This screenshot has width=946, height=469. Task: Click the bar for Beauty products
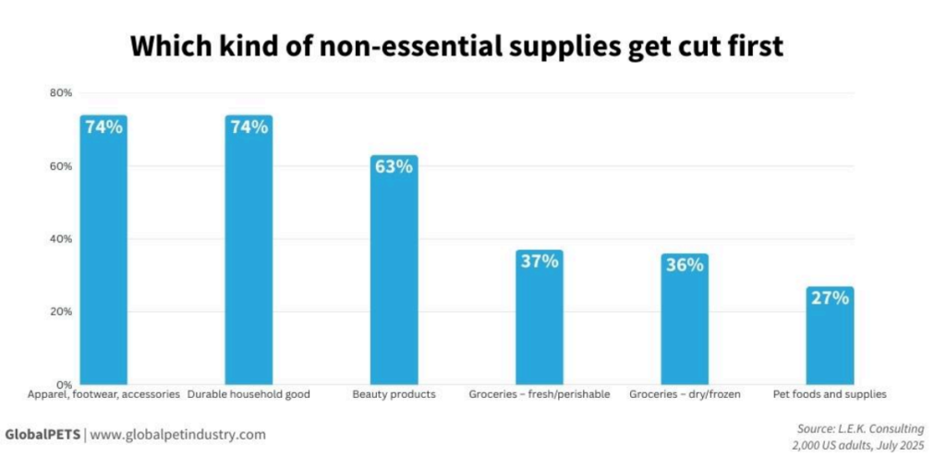pos(394,277)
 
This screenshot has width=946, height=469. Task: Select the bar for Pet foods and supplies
pos(830,342)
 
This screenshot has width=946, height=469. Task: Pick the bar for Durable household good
pos(249,259)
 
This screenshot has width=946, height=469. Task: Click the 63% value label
pos(394,167)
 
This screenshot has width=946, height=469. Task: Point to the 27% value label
pos(830,298)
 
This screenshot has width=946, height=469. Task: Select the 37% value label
pos(540,261)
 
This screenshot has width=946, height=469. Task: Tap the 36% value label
pos(685,265)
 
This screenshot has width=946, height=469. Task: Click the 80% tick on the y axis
pos(61,93)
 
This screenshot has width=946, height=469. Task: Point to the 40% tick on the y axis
pos(61,239)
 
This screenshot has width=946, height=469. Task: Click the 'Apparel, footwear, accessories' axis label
pos(103,395)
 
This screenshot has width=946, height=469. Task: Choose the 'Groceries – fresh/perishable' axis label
pos(540,395)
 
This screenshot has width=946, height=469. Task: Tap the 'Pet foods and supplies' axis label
pos(830,395)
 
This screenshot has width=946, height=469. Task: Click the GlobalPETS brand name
pos(42,434)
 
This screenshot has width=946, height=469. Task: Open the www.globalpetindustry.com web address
pos(177,434)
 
